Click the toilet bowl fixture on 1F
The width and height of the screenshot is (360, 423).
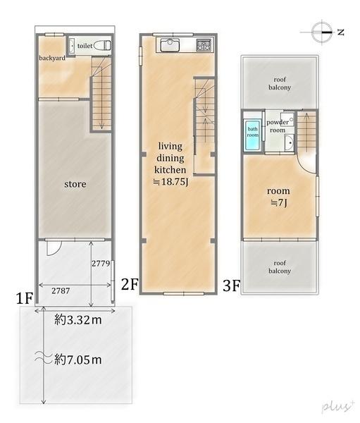[102, 45]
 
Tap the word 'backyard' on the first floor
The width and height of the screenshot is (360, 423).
[52, 58]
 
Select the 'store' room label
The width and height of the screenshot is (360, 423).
[75, 184]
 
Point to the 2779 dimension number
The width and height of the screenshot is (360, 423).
[101, 263]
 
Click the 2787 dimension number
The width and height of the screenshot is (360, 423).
[61, 290]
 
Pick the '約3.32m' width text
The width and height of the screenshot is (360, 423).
[78, 320]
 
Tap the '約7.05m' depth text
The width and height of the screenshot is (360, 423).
[78, 360]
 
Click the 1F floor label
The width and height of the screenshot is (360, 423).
[24, 299]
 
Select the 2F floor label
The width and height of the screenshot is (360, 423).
[130, 284]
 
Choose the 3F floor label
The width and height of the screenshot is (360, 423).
[231, 286]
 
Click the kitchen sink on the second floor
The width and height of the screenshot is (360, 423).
[170, 45]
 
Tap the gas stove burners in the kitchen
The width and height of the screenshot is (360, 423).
[204, 45]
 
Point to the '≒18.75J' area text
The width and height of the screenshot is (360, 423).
[170, 182]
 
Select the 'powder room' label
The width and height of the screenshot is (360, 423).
[278, 126]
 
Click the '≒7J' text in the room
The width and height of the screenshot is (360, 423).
[278, 202]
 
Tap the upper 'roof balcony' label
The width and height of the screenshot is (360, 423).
[280, 83]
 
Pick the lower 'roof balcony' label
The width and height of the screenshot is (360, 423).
[280, 266]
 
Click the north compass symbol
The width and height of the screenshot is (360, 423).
[322, 32]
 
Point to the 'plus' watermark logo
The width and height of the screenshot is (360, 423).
[338, 407]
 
